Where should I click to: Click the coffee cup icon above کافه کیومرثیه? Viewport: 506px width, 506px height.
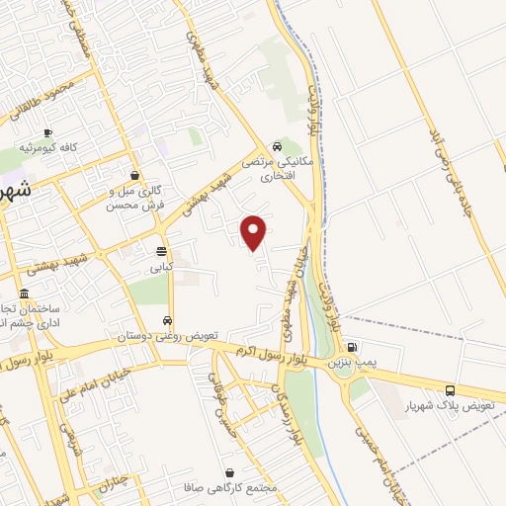[47, 132]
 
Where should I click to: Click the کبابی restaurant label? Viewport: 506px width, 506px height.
[161, 267]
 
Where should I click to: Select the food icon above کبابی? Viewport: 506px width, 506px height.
[161, 251]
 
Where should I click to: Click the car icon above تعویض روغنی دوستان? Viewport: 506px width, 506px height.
[167, 320]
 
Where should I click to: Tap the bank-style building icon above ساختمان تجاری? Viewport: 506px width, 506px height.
[24, 295]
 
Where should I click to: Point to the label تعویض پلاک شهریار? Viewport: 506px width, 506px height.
[450, 407]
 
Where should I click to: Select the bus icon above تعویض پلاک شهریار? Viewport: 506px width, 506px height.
[450, 389]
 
